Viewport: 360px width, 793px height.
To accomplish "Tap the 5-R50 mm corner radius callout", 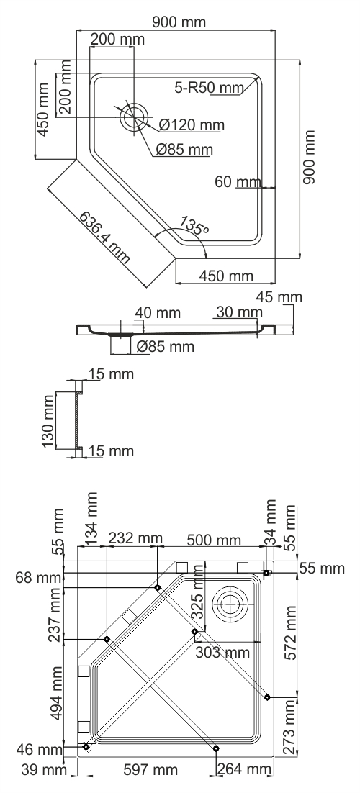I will [x=209, y=88].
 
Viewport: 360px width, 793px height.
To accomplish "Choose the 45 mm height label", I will [x=280, y=297].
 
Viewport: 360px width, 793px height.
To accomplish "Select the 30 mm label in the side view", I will [x=238, y=312].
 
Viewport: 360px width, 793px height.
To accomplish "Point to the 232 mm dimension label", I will [x=135, y=539].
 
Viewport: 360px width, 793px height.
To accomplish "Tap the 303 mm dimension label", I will [x=222, y=653].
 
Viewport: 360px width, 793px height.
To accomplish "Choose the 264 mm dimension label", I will [x=245, y=771].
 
